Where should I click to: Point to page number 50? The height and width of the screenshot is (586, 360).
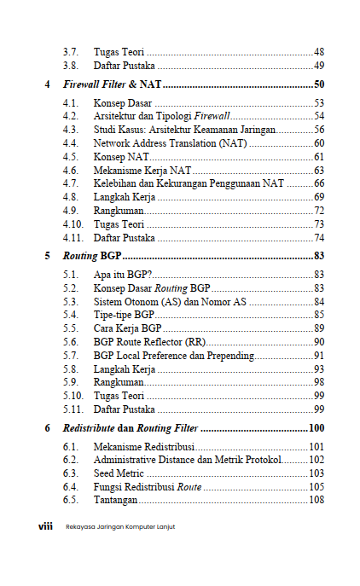(318, 85)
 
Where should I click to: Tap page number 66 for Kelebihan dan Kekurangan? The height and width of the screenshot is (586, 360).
(319, 183)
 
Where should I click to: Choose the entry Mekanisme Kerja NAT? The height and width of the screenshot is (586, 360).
(142, 171)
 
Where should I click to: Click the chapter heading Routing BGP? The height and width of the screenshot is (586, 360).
(91, 255)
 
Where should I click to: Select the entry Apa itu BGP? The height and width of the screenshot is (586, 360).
(123, 274)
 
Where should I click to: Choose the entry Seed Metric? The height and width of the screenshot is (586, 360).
(119, 473)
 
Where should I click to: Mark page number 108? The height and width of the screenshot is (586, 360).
(316, 499)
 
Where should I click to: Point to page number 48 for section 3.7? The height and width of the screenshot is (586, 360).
(319, 52)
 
